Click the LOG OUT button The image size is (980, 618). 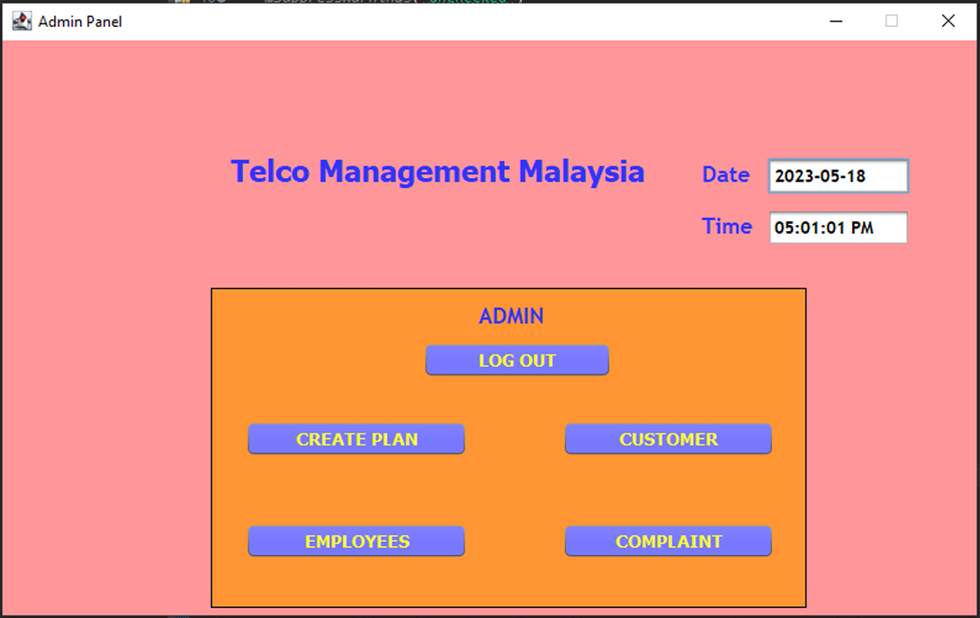click(517, 360)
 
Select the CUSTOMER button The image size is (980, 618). click(668, 439)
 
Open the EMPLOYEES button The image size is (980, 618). click(356, 542)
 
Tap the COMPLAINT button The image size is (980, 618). click(668, 542)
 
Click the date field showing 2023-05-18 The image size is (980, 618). click(838, 176)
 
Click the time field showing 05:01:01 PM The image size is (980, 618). click(838, 228)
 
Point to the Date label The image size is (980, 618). click(725, 175)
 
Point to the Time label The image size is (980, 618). click(726, 226)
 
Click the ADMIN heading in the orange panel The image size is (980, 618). click(511, 316)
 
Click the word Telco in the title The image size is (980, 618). click(270, 171)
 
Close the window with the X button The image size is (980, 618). click(949, 21)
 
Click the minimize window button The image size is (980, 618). click(836, 22)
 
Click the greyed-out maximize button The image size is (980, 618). click(892, 21)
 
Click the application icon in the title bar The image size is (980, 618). click(22, 22)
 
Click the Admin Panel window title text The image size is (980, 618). click(80, 22)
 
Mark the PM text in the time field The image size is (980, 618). click(862, 228)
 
